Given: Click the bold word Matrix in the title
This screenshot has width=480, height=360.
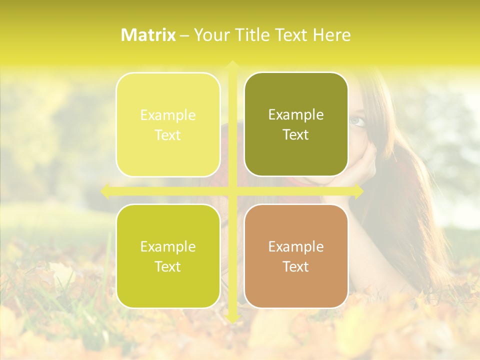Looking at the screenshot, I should click(x=148, y=35).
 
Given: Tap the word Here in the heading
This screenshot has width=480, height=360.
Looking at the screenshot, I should click(x=331, y=35).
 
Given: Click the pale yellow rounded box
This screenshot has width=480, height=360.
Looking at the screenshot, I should click(x=168, y=124).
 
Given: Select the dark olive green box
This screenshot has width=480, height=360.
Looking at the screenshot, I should click(x=296, y=124).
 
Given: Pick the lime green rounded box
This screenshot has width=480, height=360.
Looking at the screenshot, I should click(x=168, y=256).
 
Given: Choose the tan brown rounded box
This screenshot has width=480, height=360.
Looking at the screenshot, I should click(x=296, y=256).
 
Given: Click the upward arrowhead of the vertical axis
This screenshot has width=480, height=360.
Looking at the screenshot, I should click(x=232, y=65).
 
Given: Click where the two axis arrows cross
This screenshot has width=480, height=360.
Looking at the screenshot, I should click(x=232, y=191).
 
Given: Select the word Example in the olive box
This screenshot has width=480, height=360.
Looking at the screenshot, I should click(x=296, y=115).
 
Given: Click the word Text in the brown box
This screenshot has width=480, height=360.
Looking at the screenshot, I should click(x=296, y=266).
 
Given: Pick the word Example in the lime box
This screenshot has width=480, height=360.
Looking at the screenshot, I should click(x=168, y=246).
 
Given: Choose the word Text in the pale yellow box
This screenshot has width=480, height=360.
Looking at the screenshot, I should click(x=168, y=135).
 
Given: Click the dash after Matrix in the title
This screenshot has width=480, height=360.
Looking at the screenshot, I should click(x=184, y=35).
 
